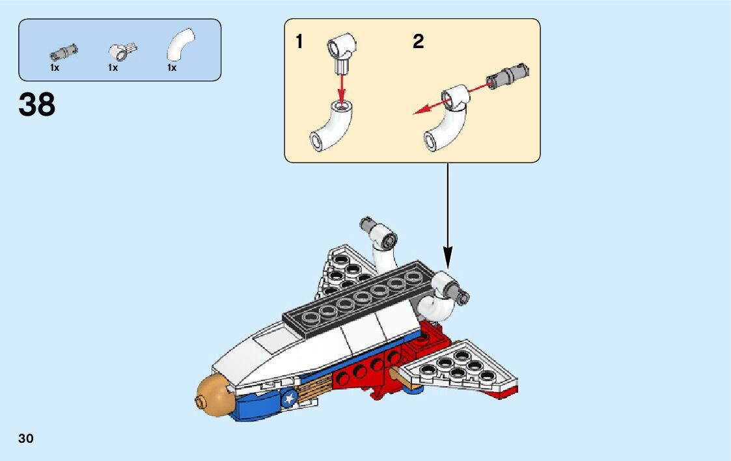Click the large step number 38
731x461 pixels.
pyautogui.click(x=37, y=105)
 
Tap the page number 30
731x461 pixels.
pyautogui.click(x=26, y=439)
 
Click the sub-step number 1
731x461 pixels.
pyautogui.click(x=299, y=42)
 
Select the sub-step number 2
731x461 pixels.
pyautogui.click(x=418, y=42)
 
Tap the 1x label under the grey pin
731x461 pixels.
pyautogui.click(x=55, y=68)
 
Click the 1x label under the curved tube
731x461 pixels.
pyautogui.click(x=172, y=68)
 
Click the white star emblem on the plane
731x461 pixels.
pyautogui.click(x=288, y=398)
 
